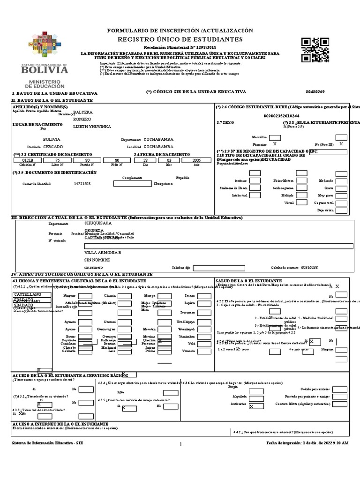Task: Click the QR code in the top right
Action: pos(315,49)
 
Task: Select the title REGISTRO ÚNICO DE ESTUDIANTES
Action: pos(180,39)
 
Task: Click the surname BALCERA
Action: pos(83,112)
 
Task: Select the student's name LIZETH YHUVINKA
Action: pos(93,127)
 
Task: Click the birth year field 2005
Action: pos(196,160)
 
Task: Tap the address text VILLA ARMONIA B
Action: pos(102,252)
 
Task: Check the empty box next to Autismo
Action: pos(255,180)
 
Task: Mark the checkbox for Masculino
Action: pos(274,136)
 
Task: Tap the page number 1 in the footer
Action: pos(180,444)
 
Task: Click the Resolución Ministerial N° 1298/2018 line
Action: pos(180,48)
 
